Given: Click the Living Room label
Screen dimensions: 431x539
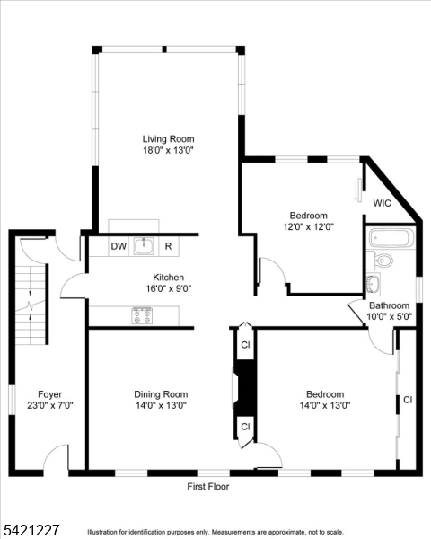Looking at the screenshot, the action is click(x=169, y=139).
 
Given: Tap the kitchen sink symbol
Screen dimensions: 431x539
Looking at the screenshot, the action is click(x=144, y=245).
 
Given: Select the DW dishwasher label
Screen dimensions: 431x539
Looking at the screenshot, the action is click(x=119, y=246).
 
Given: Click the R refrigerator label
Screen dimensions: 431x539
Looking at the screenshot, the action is click(x=168, y=246).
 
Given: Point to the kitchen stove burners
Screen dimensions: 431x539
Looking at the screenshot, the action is click(x=142, y=315).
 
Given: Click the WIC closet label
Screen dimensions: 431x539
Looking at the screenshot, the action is click(x=382, y=203).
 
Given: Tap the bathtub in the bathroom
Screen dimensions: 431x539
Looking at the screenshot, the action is click(x=391, y=238).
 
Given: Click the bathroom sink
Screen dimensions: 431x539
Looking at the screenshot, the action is click(x=374, y=284).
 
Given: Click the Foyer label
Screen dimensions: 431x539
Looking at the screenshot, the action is click(x=50, y=394).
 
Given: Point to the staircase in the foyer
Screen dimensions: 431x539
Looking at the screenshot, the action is click(x=31, y=304).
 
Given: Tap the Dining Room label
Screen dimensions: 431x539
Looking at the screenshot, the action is click(x=161, y=394).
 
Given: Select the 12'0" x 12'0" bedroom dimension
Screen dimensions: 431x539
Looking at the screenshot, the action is click(x=308, y=227).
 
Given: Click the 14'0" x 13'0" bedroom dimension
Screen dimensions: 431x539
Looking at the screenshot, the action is click(x=325, y=405).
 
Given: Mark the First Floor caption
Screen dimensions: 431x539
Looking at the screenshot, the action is click(x=208, y=486).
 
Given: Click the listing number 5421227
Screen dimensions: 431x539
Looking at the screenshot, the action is click(x=31, y=529).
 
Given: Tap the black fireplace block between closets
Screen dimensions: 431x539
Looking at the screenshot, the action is click(x=244, y=388).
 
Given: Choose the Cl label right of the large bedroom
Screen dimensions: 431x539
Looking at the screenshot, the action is click(x=408, y=400).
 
